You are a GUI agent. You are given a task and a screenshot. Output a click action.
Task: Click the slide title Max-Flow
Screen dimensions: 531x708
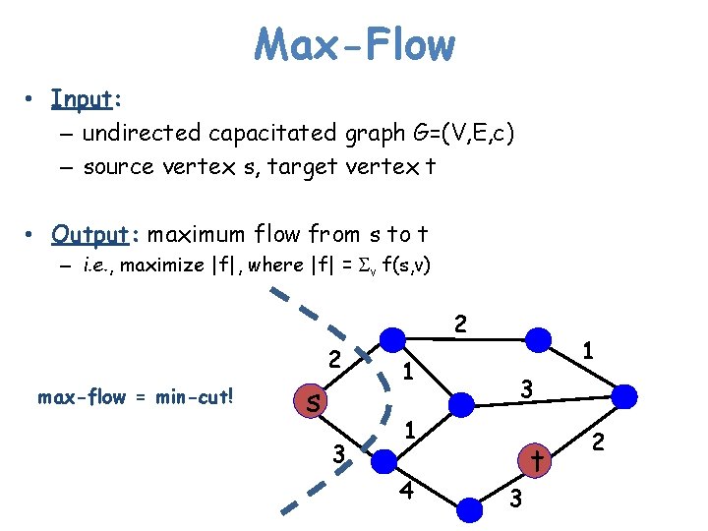click(x=354, y=44)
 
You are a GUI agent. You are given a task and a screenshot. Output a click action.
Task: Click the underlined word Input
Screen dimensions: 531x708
click(x=84, y=99)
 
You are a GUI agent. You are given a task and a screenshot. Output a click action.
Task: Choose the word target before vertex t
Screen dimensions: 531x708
click(x=287, y=167)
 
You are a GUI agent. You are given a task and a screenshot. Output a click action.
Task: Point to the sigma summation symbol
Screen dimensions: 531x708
click(x=360, y=265)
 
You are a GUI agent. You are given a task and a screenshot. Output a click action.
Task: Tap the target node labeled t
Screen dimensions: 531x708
click(x=536, y=459)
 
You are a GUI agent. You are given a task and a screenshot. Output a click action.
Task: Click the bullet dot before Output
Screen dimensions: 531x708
click(x=32, y=235)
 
